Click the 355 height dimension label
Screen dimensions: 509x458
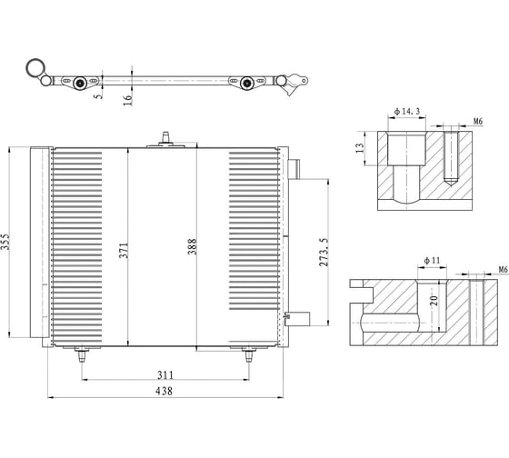pyautogui.click(x=5, y=242)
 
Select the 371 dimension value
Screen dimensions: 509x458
pyautogui.click(x=124, y=251)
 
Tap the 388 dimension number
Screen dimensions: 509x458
pyautogui.click(x=192, y=246)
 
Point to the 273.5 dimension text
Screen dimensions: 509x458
pyautogui.click(x=324, y=253)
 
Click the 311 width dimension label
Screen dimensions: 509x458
pyautogui.click(x=165, y=375)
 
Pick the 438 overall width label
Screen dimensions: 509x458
pyautogui.click(x=164, y=391)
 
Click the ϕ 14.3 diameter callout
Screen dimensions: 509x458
pyautogui.click(x=407, y=112)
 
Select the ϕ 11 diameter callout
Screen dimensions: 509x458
pyautogui.click(x=432, y=260)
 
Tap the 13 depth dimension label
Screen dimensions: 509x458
pyautogui.click(x=360, y=148)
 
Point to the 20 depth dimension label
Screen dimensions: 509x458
pyautogui.click(x=434, y=300)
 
